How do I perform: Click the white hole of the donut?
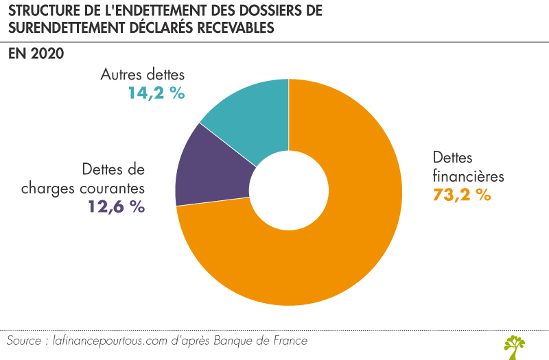[x=288, y=192]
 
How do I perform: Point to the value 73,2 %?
[x=461, y=194]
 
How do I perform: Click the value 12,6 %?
[x=116, y=206]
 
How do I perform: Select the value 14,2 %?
[x=156, y=93]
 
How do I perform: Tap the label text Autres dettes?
[x=143, y=74]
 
